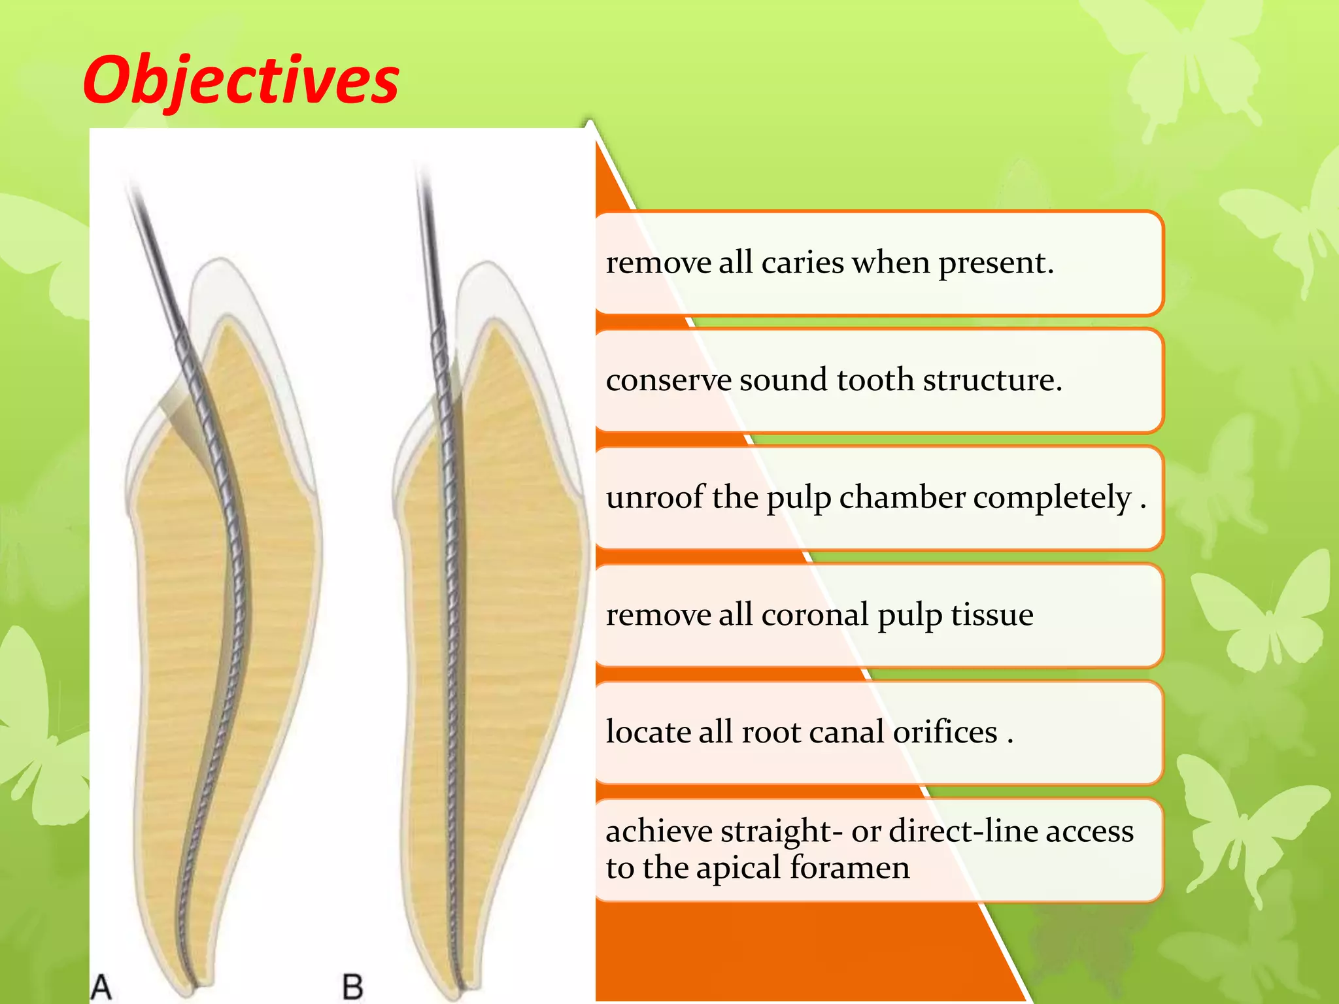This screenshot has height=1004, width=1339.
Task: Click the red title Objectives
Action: click(241, 80)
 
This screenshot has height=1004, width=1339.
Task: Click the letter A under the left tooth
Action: click(101, 986)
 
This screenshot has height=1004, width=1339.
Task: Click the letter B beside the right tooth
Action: click(352, 986)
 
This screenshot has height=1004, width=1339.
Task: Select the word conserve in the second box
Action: click(668, 380)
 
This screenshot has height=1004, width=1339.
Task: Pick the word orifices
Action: click(945, 732)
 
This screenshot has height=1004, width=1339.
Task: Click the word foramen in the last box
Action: click(849, 868)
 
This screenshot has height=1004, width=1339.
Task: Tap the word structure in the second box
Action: click(992, 380)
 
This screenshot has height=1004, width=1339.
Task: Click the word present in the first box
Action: click(995, 264)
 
